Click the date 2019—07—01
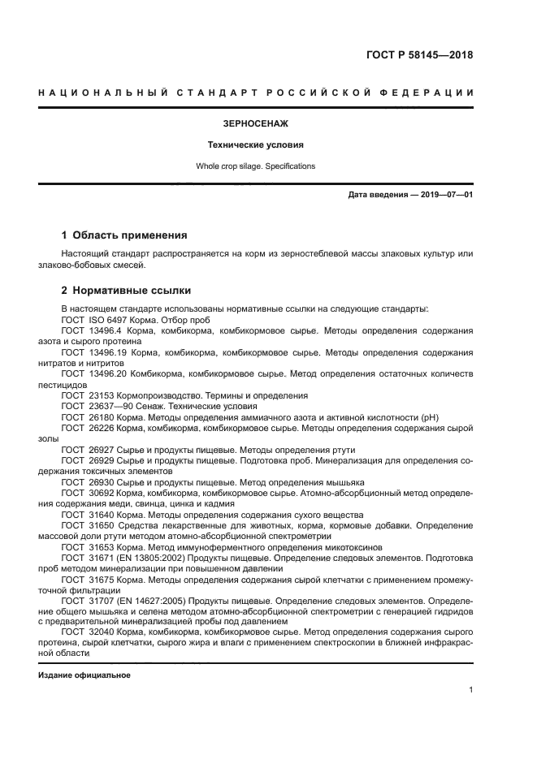pyautogui.click(x=444, y=196)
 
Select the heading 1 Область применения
pyautogui.click(x=124, y=235)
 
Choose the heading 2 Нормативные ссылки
pyautogui.click(x=127, y=290)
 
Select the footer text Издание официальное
pyautogui.click(x=84, y=675)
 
